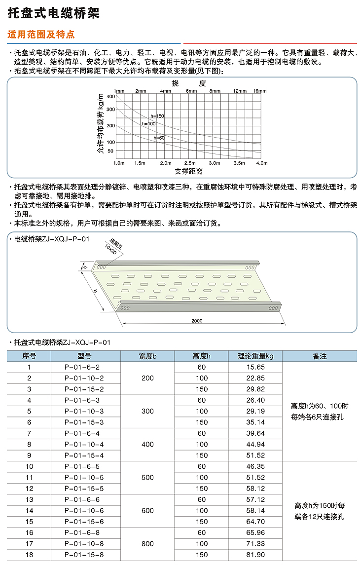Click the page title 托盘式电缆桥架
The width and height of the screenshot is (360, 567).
[53, 13]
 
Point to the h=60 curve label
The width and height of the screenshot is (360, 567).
[159, 138]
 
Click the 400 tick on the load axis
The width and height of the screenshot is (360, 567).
[110, 96]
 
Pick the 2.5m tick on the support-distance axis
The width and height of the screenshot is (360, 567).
[190, 163]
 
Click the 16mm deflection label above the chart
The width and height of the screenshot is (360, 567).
[259, 91]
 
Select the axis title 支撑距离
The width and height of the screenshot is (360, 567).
[189, 171]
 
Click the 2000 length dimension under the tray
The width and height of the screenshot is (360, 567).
[197, 321]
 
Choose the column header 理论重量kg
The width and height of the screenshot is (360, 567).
[255, 356]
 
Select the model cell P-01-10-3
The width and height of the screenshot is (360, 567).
[84, 411]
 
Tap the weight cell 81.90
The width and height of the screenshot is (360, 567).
[255, 555]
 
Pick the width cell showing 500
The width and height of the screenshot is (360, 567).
[147, 477]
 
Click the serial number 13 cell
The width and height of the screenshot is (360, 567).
[29, 499]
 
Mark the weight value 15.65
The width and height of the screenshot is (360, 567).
[255, 367]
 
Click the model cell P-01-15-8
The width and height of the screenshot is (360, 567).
[84, 555]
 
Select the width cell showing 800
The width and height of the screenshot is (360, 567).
[147, 544]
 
